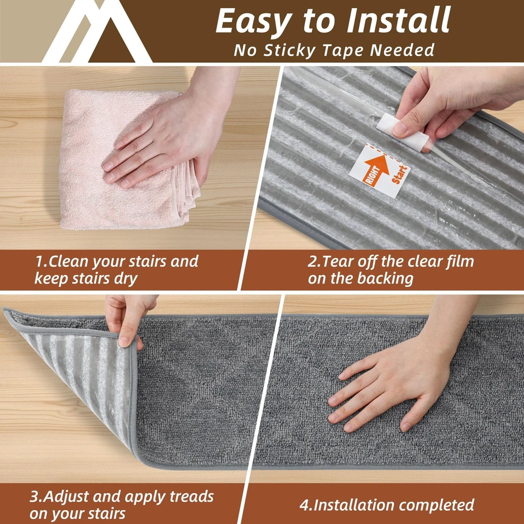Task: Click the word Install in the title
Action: (398, 21)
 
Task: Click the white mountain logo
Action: (97, 31)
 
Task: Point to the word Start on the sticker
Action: (400, 174)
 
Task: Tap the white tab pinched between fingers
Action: (402, 132)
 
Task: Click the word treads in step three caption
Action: (191, 497)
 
